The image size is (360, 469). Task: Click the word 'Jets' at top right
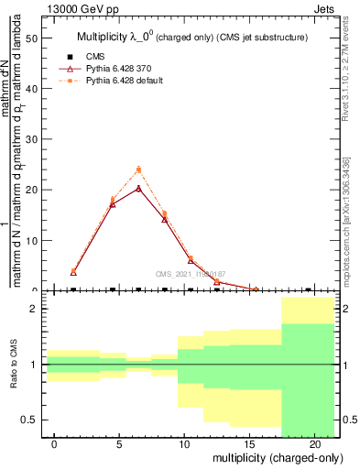pyautogui.click(x=326, y=7)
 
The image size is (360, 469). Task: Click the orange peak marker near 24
pyautogui.click(x=138, y=169)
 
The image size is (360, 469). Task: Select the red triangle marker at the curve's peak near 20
pyautogui.click(x=138, y=188)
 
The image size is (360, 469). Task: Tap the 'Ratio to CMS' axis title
pyautogui.click(x=14, y=365)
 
